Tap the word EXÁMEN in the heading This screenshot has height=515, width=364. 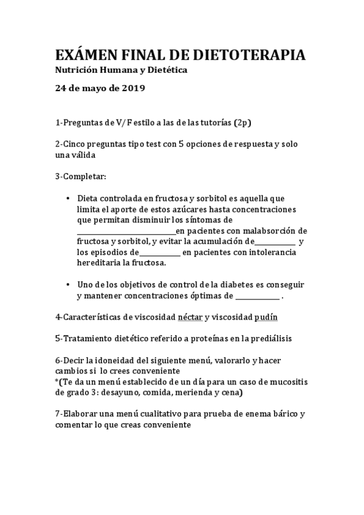(88, 55)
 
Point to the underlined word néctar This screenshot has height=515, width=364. (190, 317)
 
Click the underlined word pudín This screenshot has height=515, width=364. (266, 317)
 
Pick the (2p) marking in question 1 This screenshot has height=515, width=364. (242, 123)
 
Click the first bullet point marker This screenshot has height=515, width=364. (67, 198)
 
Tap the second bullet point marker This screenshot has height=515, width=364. (67, 284)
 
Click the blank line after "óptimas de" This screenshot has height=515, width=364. (257, 297)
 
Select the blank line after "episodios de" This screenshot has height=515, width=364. (160, 253)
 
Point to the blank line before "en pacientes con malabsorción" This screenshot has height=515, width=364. (126, 231)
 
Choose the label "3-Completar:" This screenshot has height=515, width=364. (80, 176)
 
